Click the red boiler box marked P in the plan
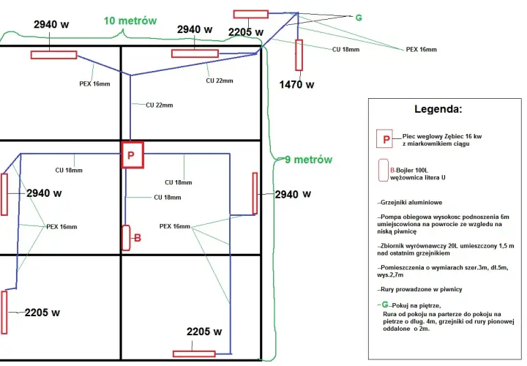[132, 154]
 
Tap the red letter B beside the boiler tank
[138, 239]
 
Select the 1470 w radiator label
[296, 85]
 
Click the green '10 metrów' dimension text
[130, 20]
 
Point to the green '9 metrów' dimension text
[309, 160]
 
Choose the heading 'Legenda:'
[438, 109]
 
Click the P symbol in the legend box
[385, 138]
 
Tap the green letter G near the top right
[359, 18]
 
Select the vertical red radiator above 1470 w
[299, 55]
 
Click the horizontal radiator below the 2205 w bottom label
[194, 354]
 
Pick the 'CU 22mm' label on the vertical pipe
[160, 105]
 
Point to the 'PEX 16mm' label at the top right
[422, 49]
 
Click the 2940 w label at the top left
[51, 24]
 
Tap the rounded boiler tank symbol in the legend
[383, 171]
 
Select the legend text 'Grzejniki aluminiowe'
[411, 203]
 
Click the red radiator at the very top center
[251, 14]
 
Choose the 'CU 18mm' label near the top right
[345, 49]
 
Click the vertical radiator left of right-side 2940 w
[255, 193]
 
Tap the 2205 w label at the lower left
[42, 313]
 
